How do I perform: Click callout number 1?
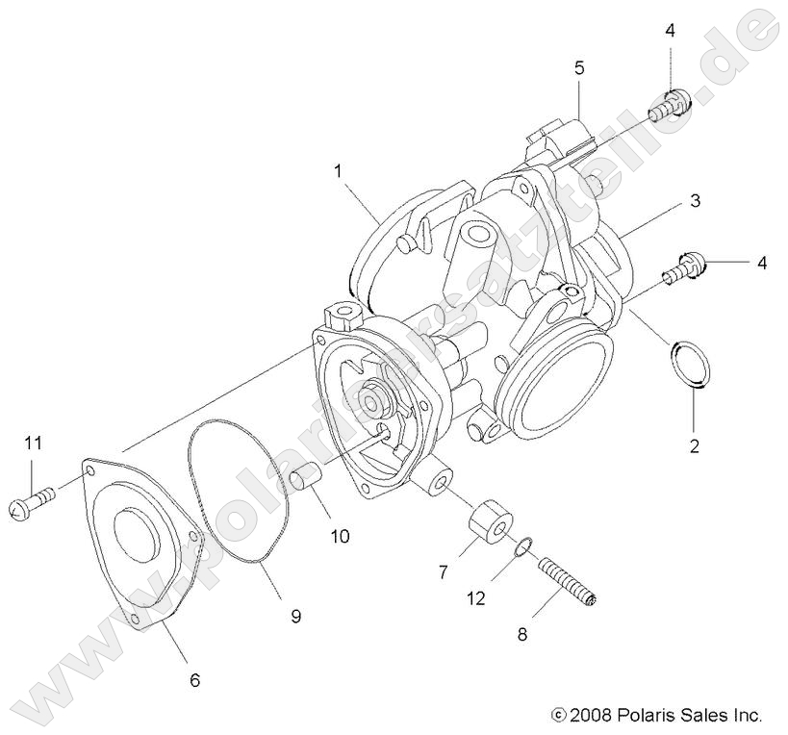tap(339, 170)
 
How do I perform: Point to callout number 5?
tap(579, 67)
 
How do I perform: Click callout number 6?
tap(194, 680)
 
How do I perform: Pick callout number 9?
tap(296, 616)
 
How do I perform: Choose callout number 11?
tap(34, 444)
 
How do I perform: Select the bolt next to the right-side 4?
tap(683, 265)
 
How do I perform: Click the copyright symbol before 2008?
tap(557, 715)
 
